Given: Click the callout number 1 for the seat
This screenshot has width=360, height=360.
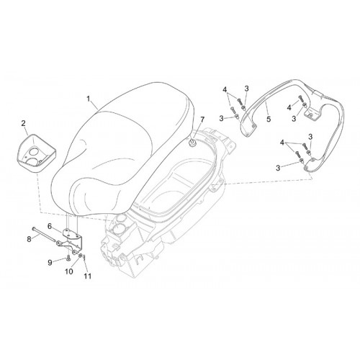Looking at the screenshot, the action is [89, 99].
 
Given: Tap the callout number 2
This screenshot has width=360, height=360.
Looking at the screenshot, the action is [23, 124].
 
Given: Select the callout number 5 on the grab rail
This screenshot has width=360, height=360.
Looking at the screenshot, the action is [269, 119].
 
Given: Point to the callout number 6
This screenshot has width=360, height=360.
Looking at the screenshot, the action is [50, 226].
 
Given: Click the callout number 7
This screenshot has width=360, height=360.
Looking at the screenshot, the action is [202, 120].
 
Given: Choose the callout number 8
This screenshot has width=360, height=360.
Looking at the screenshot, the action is [29, 239].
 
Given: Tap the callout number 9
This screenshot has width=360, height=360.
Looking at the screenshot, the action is [50, 263].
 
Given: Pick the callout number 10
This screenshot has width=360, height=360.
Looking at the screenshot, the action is [69, 271].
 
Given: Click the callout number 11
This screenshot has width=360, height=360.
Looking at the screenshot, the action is [88, 276].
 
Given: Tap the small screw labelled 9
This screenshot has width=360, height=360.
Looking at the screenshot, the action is [68, 258].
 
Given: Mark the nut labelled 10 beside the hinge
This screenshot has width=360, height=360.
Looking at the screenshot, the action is [80, 255].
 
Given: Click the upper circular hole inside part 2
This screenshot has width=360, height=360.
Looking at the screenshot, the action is [35, 152].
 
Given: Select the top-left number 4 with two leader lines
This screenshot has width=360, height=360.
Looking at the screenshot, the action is [225, 90].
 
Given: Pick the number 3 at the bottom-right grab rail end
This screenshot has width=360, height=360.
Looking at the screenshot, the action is [278, 168].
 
